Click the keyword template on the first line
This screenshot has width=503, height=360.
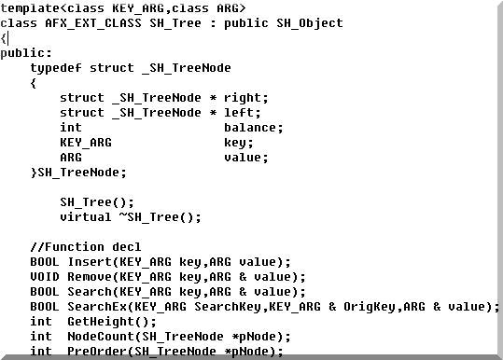[x=30, y=8]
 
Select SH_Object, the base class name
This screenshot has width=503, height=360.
[x=310, y=23]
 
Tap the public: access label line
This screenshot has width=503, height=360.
[x=26, y=53]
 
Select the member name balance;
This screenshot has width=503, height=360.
[x=253, y=128]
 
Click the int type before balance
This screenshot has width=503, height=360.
[x=71, y=128]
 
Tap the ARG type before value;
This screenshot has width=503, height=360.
[x=71, y=158]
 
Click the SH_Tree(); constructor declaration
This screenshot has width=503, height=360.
[x=97, y=202]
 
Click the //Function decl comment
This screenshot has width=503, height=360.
[x=86, y=247]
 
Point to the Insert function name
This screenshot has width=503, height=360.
[x=90, y=262]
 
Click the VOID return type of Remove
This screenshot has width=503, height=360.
[x=45, y=277]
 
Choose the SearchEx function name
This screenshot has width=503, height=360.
[x=97, y=307]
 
